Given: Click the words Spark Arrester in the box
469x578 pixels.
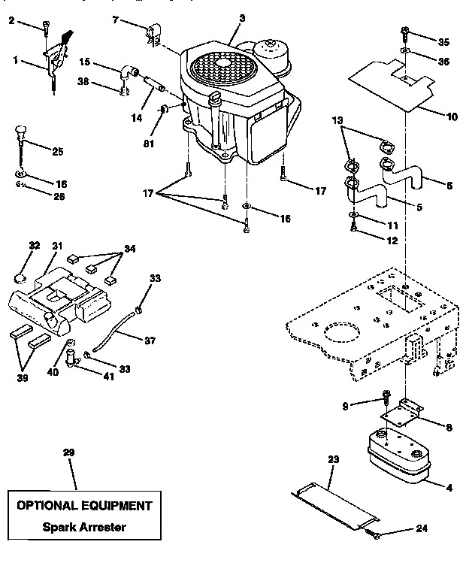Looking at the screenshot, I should [x=83, y=527].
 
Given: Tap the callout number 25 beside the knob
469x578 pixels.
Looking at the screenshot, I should [x=58, y=150].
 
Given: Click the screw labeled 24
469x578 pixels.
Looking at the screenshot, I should [x=375, y=534].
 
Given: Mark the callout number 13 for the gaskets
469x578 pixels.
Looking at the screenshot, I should [x=336, y=121].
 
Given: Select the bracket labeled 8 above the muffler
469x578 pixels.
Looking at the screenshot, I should [x=402, y=413].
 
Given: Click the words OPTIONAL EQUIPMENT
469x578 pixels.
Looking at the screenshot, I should [x=83, y=505].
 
